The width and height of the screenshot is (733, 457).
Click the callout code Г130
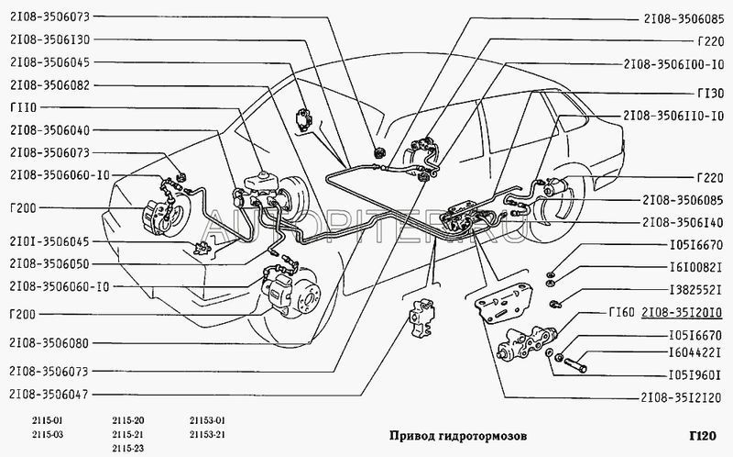[711, 93]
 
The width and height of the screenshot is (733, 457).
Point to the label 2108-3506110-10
[673, 117]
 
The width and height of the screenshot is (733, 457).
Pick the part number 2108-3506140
[682, 222]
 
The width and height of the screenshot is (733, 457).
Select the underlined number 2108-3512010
[682, 313]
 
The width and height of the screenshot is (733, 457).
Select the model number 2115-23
[126, 447]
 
